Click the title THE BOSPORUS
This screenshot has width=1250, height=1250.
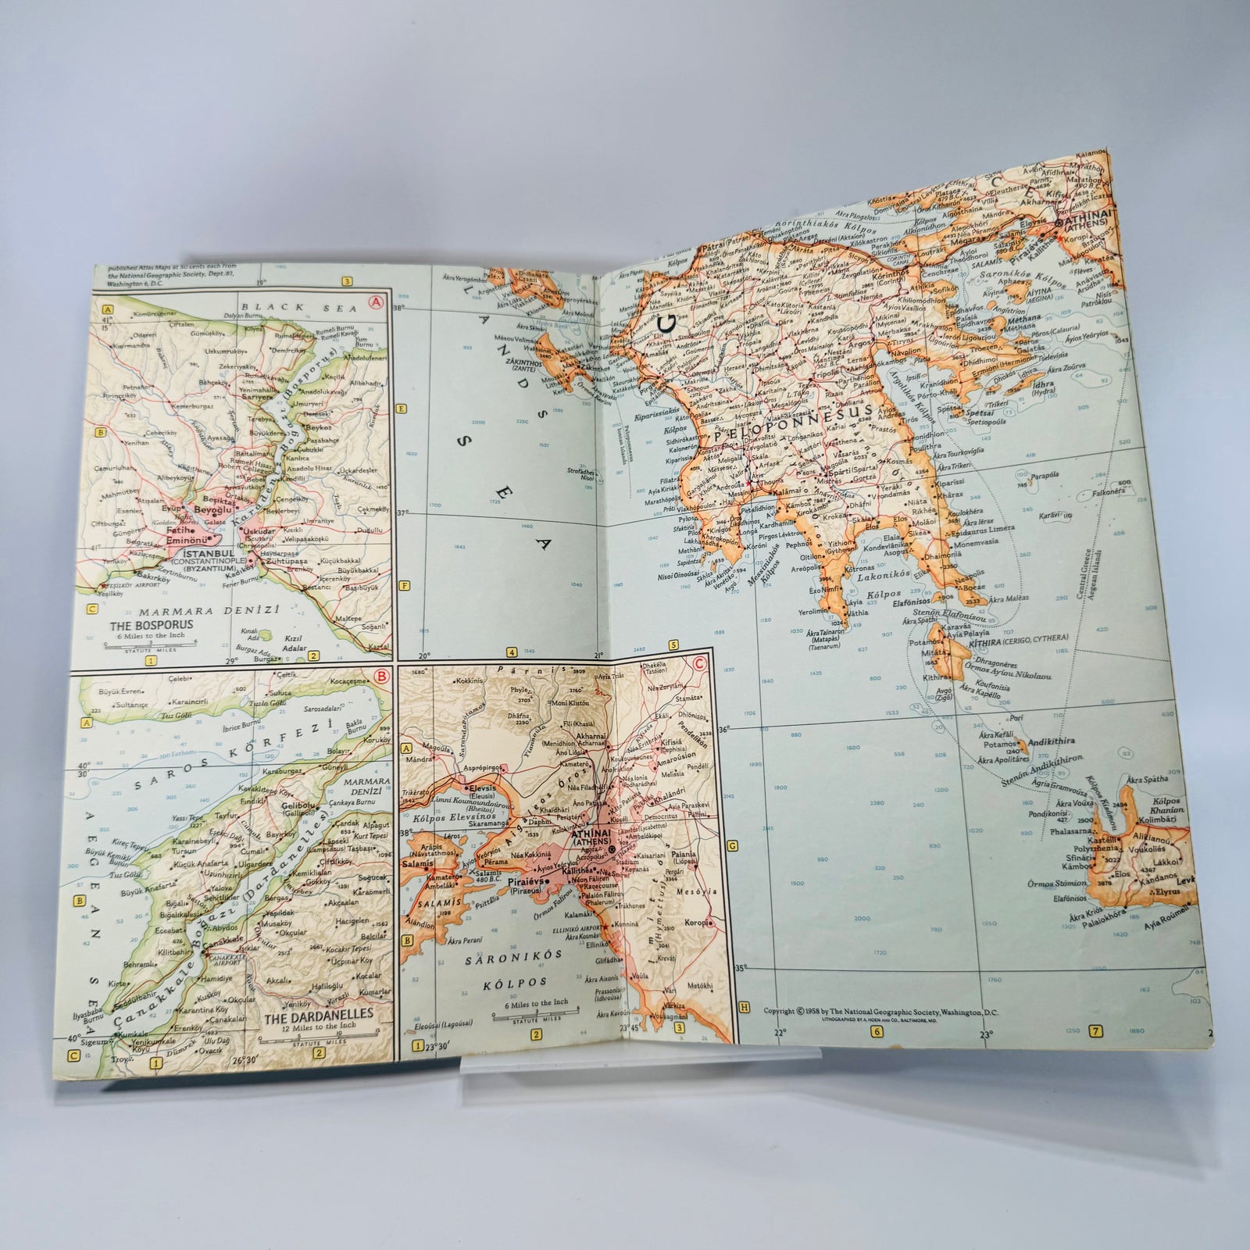tap(152, 625)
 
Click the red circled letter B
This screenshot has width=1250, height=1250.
tap(381, 677)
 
